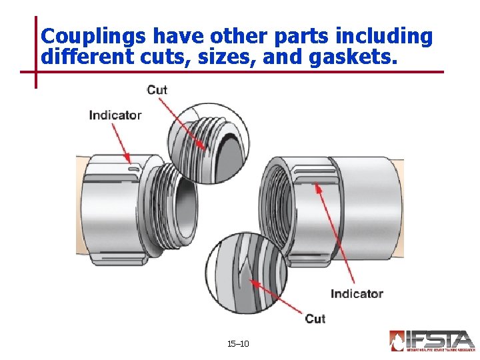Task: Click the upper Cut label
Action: [x=157, y=89]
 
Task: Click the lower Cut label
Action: [x=315, y=318]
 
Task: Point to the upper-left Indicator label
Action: [x=115, y=115]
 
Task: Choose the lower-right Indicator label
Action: [x=357, y=293]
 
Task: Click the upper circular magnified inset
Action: [x=207, y=143]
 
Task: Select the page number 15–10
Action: [x=238, y=343]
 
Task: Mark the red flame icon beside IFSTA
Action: [x=397, y=341]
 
